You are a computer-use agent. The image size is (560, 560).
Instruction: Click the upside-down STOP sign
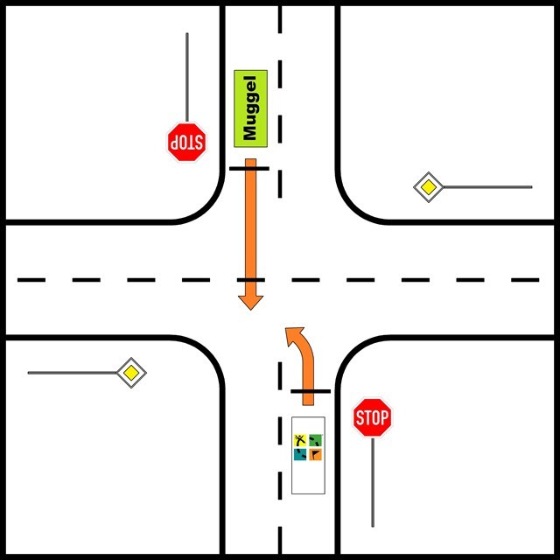pos(186,141)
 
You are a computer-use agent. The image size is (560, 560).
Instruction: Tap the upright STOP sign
pos(372,417)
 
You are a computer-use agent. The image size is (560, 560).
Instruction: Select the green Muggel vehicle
pos(250,108)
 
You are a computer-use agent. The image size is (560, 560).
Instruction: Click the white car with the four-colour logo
pos(307,455)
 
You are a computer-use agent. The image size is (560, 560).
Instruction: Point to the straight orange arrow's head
pos(251,297)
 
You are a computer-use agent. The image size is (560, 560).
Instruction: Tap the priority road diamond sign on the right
pos(427,187)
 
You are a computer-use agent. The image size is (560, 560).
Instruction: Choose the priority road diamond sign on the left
pos(131,373)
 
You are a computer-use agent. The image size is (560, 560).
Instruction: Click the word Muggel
pos(251,108)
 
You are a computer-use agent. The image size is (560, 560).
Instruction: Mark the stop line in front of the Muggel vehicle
pos(250,167)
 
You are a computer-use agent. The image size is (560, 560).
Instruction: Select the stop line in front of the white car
pos(310,391)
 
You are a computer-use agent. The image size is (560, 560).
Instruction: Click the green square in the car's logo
pos(315,441)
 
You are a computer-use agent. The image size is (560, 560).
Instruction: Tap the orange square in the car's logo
pos(315,454)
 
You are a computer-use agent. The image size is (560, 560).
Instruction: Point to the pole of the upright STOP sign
pos(373,481)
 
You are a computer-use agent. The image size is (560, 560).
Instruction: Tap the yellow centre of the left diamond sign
pos(131,373)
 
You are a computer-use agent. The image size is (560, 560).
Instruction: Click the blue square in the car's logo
pos(300,454)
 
